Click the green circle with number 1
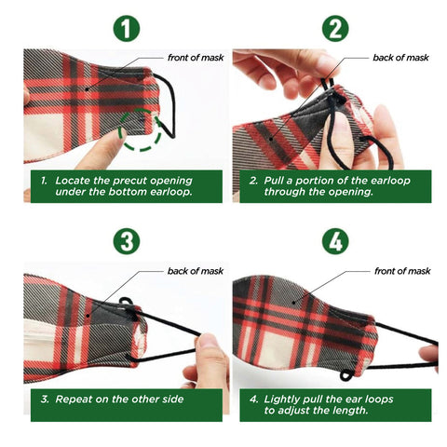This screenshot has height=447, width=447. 127,29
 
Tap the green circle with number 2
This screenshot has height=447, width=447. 335,29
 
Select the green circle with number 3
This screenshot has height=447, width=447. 127,241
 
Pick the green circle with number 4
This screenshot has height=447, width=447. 335,241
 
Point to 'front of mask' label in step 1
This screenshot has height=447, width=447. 196,58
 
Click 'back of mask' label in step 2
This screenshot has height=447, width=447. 400,58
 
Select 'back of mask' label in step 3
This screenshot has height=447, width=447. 196,271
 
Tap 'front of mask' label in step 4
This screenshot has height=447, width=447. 402,271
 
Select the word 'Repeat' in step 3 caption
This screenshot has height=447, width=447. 74,400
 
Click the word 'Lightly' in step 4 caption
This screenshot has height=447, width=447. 282,400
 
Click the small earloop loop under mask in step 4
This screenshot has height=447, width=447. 346,375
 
